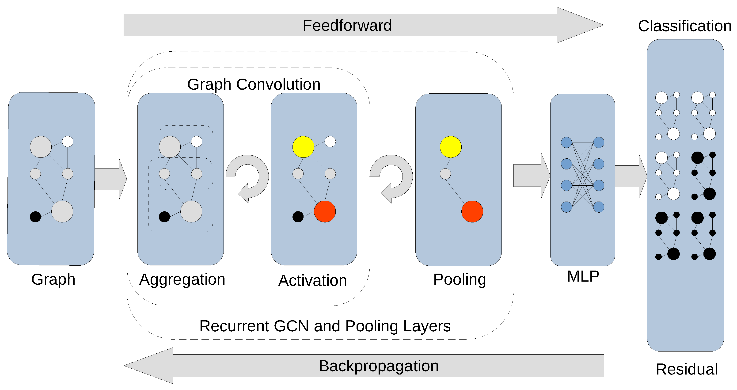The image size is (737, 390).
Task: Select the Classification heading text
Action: tap(685, 26)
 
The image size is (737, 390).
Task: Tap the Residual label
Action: tap(686, 369)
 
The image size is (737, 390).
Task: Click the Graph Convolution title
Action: tap(254, 84)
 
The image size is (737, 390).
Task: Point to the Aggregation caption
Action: tap(182, 279)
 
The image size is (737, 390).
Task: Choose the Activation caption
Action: tap(312, 280)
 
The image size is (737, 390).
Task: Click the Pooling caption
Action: tap(460, 279)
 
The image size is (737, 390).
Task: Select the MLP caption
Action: tap(583, 276)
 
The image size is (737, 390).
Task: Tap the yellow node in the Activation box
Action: tap(303, 147)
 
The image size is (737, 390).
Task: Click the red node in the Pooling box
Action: tap(472, 211)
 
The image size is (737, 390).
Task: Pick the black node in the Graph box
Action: tap(35, 217)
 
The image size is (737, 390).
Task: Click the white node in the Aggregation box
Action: tap(197, 141)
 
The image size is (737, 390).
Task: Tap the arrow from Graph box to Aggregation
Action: tap(110, 179)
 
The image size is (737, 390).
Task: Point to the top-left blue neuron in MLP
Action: tap(566, 142)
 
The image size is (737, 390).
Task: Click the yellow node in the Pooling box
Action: tap(451, 147)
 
